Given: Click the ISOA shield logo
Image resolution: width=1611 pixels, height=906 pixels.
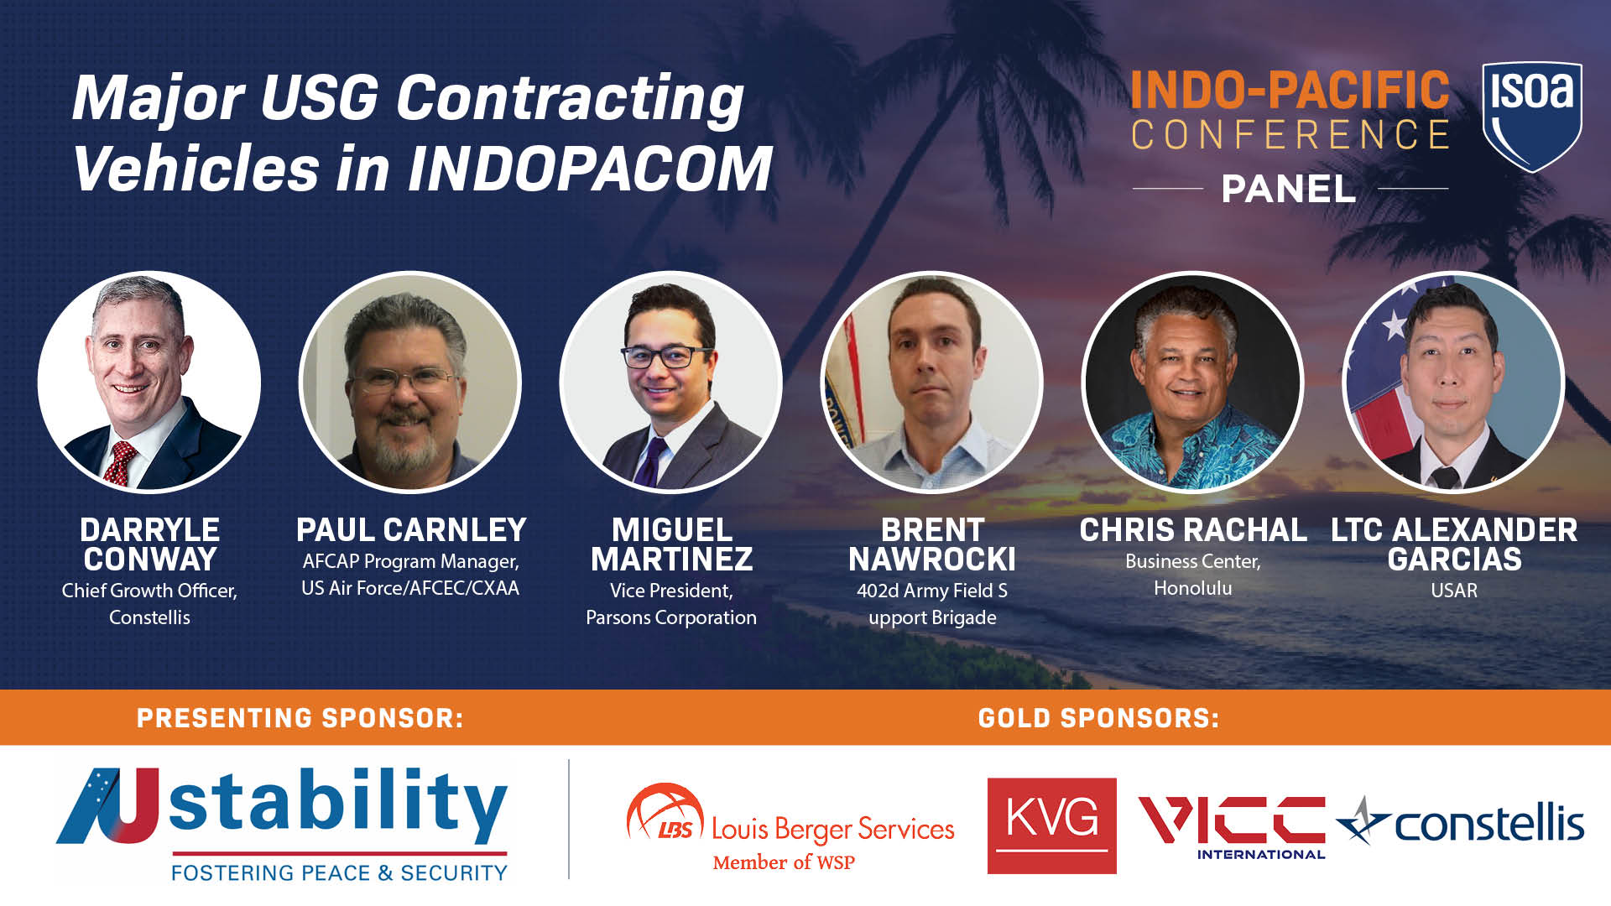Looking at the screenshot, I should pyautogui.click(x=1531, y=116).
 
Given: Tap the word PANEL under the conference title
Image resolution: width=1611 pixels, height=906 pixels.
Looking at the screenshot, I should pyautogui.click(x=1288, y=189).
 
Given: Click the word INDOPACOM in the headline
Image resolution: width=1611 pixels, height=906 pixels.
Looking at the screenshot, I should pyautogui.click(x=590, y=169).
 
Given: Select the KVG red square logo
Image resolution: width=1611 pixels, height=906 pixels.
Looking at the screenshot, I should pyautogui.click(x=1051, y=825).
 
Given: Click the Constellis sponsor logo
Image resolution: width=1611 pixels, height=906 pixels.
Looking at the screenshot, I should pyautogui.click(x=1462, y=823).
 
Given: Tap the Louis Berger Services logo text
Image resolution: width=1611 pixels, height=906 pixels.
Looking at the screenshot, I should pyautogui.click(x=832, y=830).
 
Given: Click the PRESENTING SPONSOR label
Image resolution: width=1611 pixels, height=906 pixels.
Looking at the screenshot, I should pyautogui.click(x=300, y=718).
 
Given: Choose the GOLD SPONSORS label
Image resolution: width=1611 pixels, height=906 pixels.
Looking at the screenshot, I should pyautogui.click(x=1098, y=718).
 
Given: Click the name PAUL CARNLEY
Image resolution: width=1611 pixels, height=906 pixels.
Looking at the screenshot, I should pyautogui.click(x=411, y=530).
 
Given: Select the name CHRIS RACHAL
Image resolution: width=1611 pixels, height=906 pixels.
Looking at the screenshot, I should pyautogui.click(x=1192, y=530).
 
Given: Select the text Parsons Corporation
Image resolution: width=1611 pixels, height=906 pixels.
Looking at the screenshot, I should pyautogui.click(x=670, y=617).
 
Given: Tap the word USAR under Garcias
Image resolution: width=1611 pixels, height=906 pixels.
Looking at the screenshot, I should pyautogui.click(x=1453, y=591).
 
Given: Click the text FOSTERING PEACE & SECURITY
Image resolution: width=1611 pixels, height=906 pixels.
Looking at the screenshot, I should pyautogui.click(x=339, y=873).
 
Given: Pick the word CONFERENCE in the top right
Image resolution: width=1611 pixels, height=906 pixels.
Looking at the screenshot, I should pyautogui.click(x=1290, y=135).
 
